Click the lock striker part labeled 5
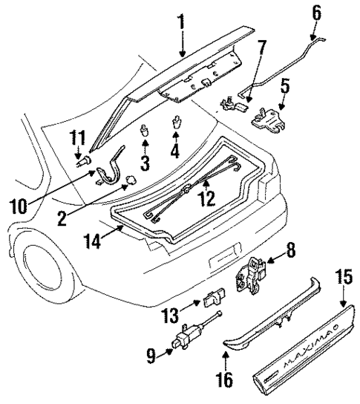(x=269, y=118)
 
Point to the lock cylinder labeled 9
(x=185, y=341)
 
